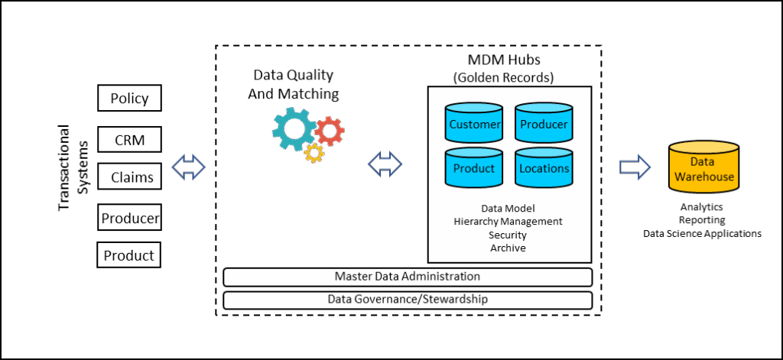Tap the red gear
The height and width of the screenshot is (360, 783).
[330, 131]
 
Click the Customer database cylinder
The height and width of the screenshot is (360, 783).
[474, 123]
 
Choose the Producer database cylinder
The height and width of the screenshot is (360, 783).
[544, 123]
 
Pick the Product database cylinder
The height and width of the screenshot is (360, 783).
[474, 167]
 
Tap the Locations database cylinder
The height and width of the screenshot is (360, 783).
[544, 167]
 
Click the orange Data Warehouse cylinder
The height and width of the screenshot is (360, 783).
[703, 169]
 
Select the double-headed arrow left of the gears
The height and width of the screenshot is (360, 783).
[189, 167]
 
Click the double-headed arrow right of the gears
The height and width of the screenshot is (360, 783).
[385, 163]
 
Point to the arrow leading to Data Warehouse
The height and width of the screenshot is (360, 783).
[634, 167]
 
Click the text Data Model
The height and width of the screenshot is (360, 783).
[508, 208]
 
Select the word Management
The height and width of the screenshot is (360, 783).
[534, 222]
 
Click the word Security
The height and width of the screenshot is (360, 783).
[508, 235]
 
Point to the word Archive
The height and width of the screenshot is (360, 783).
[508, 248]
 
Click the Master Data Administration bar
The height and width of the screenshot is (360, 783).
[408, 277]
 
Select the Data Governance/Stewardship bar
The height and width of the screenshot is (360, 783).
[408, 300]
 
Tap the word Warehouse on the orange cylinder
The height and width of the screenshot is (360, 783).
[703, 177]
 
